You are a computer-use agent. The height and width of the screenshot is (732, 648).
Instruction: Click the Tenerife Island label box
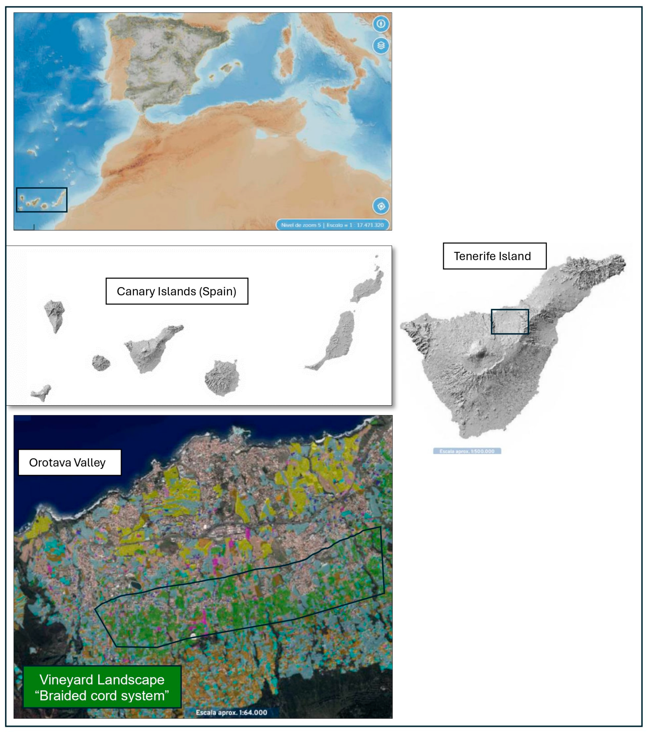click(494, 256)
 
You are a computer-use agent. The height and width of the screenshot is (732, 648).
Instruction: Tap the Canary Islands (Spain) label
click(176, 291)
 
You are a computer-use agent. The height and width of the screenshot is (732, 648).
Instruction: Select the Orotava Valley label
click(70, 462)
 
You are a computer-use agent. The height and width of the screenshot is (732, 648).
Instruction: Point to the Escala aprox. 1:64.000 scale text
click(231, 712)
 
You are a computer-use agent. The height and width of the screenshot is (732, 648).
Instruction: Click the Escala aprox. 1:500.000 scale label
click(467, 451)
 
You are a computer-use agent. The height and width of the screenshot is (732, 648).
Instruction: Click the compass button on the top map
click(381, 24)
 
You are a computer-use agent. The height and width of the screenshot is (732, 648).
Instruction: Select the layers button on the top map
click(381, 46)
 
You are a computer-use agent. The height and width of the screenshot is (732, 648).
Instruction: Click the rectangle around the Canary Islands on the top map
click(41, 200)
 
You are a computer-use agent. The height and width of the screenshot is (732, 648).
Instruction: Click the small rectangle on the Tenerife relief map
click(510, 322)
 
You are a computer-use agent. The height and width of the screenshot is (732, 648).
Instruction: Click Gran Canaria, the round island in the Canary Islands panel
click(222, 378)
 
